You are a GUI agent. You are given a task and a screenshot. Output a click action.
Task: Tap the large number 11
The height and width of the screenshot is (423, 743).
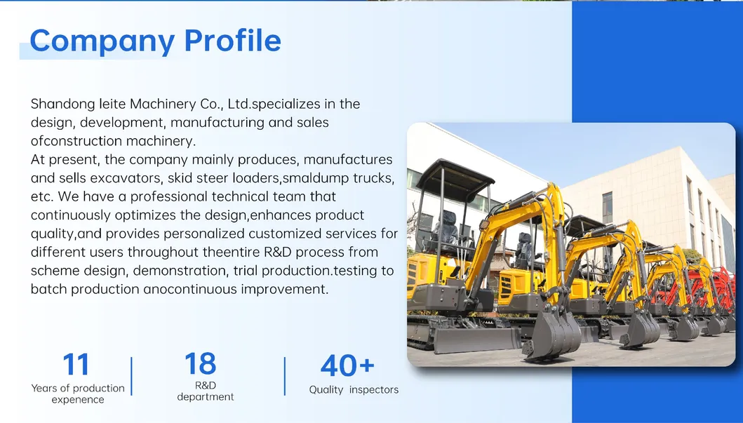coord(76,365)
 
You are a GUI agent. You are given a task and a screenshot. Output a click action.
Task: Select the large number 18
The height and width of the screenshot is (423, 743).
coord(201,364)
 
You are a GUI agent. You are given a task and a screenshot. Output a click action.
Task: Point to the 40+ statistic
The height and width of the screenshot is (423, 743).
coord(347,365)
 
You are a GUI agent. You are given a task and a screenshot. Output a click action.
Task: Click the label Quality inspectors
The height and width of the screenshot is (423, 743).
coord(354,389)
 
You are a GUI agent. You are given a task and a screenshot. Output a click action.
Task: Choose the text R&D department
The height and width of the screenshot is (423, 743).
coord(205,391)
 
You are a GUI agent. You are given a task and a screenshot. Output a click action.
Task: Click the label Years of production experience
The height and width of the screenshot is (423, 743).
coord(78,394)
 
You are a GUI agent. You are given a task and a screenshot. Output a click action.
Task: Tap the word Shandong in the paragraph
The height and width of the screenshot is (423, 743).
coord(62,104)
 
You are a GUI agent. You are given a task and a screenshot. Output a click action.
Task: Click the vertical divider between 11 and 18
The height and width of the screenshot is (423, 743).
coord(131,376)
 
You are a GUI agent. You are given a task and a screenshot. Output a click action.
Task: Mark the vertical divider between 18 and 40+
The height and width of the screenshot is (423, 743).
coord(284,376)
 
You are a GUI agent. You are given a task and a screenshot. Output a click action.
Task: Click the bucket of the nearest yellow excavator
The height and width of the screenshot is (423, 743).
coord(551,335)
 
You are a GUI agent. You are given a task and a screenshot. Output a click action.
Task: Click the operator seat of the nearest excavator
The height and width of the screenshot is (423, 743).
coord(445,231)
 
